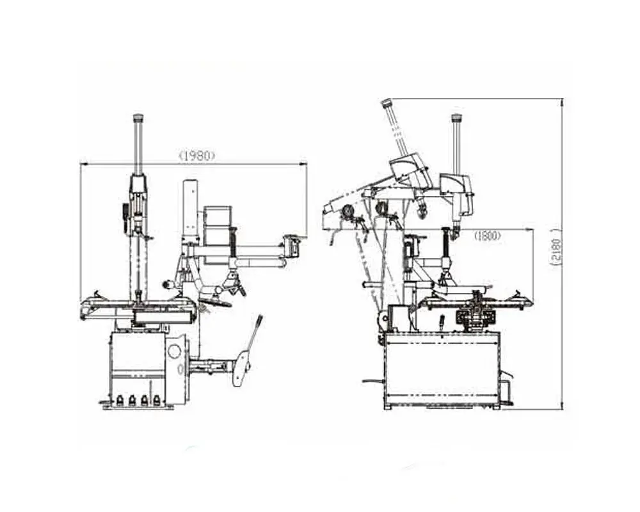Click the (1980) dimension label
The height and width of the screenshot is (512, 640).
(197, 156)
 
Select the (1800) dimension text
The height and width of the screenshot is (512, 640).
(487, 236)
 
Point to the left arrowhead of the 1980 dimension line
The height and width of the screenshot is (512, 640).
(84, 164)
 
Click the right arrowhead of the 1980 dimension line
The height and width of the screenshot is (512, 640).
(303, 164)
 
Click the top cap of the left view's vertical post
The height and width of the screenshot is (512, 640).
(139, 118)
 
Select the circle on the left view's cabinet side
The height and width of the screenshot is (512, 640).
(175, 351)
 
